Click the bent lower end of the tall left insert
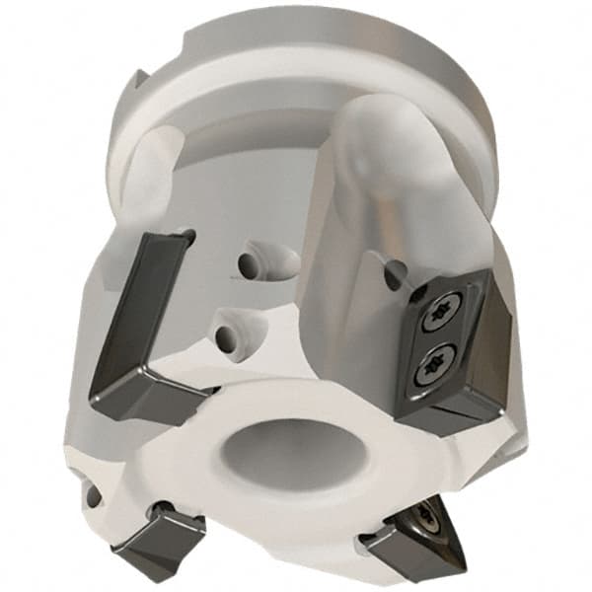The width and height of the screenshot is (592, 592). (148, 399)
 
